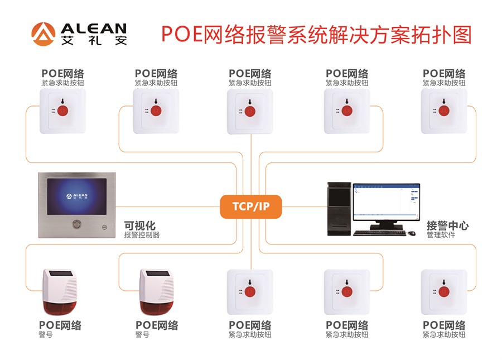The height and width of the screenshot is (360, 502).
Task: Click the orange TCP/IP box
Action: (251, 207)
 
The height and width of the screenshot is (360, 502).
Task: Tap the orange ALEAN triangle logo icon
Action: (43, 33)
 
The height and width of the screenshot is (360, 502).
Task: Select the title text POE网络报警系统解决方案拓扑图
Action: (316, 33)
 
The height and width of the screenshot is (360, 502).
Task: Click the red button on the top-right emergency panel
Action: (445, 109)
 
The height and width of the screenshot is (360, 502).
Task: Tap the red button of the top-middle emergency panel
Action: (250, 110)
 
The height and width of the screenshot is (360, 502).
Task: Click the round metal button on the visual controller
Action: (75, 224)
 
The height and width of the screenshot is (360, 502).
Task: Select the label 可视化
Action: (139, 225)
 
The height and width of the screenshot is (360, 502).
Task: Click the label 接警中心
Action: (447, 225)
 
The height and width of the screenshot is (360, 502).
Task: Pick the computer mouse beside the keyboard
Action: (411, 233)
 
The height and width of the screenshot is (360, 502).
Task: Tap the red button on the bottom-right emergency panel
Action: (445, 291)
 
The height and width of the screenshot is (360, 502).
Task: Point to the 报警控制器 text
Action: (142, 235)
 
